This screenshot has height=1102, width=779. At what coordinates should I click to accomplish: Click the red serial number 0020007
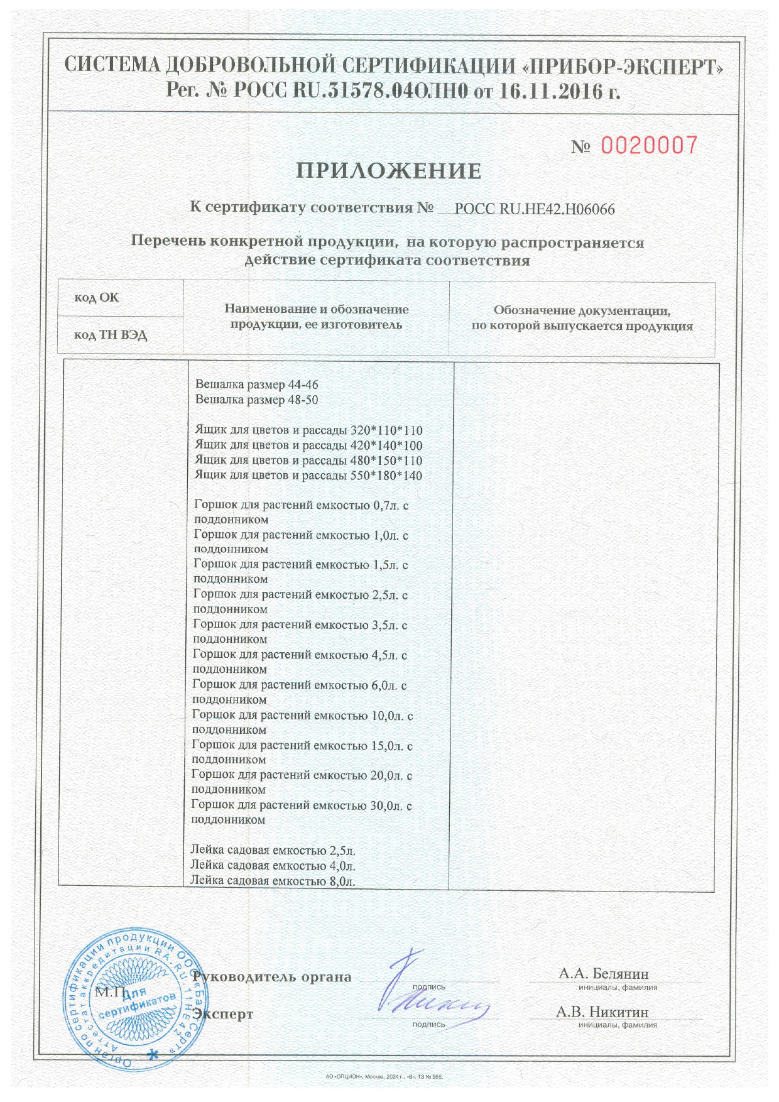(650, 146)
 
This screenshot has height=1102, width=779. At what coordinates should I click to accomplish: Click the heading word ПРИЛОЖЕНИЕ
(389, 171)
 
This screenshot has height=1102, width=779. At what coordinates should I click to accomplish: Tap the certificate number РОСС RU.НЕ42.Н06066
(534, 209)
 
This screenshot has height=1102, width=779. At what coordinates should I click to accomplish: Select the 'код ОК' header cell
(97, 298)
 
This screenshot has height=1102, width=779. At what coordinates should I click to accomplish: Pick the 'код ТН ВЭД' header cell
(111, 335)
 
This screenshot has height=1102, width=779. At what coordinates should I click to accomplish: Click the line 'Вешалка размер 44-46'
(261, 385)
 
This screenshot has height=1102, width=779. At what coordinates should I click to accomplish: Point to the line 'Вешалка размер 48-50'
(261, 400)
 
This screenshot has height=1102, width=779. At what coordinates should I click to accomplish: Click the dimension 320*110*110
(386, 430)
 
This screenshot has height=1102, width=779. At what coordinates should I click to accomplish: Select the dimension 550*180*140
(386, 476)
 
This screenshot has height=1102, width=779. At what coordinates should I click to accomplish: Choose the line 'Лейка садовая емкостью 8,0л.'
(273, 881)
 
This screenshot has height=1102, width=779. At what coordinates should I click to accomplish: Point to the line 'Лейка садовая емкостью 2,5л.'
(273, 851)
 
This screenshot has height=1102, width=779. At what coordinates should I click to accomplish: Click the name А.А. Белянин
(604, 974)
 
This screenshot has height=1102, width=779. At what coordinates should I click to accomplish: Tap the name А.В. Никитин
(602, 1012)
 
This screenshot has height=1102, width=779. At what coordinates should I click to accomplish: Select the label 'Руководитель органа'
(272, 977)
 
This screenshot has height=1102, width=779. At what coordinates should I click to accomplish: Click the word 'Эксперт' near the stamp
(224, 1014)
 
